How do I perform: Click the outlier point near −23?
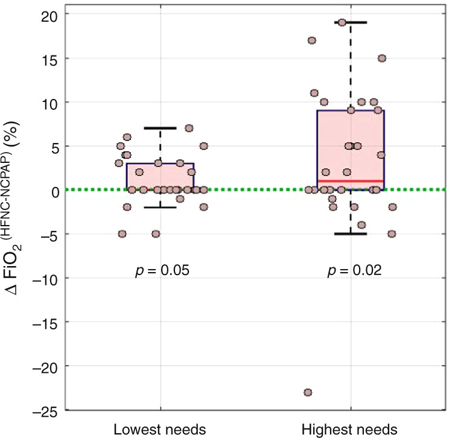[308, 392]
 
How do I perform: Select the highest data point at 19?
[342, 22]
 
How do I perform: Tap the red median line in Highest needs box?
[351, 180]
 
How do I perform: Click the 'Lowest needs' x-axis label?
[160, 430]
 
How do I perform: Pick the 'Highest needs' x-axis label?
[351, 430]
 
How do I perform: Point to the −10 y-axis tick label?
[45, 279]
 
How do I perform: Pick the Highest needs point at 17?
[312, 40]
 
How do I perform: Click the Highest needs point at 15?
[381, 59]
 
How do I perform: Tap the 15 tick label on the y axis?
[49, 59]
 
